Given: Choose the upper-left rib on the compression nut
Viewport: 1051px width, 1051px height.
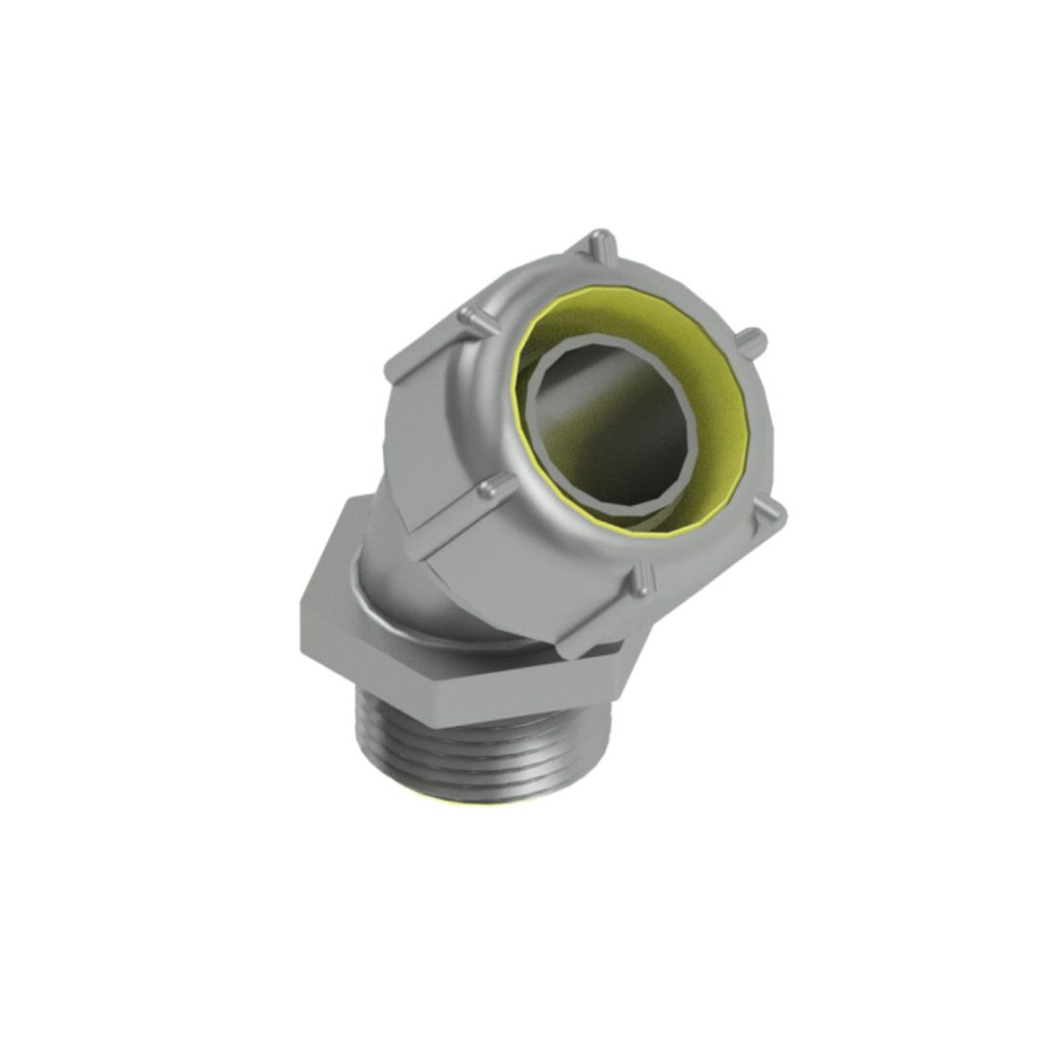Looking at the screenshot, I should coord(474,316).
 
